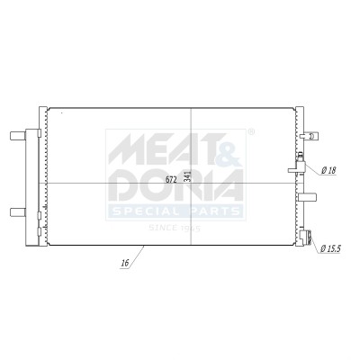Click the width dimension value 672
(x=171, y=179)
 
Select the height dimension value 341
(x=188, y=176)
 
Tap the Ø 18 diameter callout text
(x=328, y=171)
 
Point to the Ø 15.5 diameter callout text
(x=331, y=248)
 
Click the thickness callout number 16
(x=125, y=264)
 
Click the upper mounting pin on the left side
(x=18, y=136)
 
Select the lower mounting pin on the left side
(x=18, y=212)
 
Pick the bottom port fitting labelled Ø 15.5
(x=306, y=237)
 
